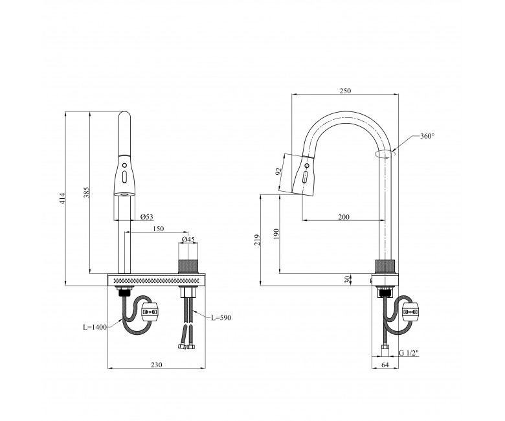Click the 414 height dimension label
click(62, 198)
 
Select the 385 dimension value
click(87, 192)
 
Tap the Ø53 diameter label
click(147, 217)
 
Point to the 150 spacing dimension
click(158, 229)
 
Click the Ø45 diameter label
click(188, 240)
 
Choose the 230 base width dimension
click(157, 365)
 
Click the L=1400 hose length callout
click(95, 327)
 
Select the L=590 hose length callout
click(221, 317)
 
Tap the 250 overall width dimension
click(345, 91)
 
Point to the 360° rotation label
click(427, 136)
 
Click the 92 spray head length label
click(279, 172)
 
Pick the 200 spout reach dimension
click(344, 217)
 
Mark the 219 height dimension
click(257, 240)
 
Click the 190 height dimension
click(276, 234)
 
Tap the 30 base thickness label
click(347, 279)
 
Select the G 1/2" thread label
click(409, 353)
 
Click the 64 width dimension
click(385, 365)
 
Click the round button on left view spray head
click(124, 166)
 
